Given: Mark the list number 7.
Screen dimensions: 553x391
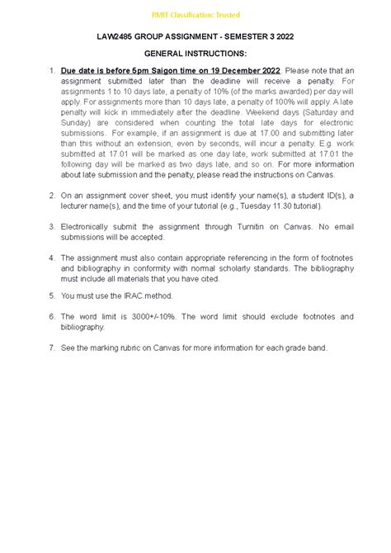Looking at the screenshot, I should pos(50,347).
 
